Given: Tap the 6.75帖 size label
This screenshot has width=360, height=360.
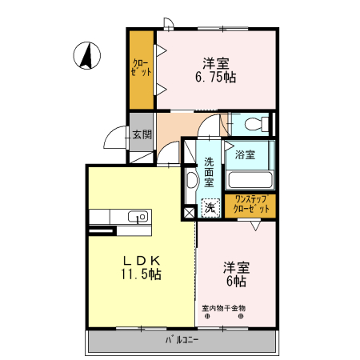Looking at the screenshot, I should pos(214,78).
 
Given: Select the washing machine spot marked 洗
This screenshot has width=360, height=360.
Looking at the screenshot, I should pos(210,207).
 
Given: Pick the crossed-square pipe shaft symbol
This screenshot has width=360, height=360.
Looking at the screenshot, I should pos(190,213).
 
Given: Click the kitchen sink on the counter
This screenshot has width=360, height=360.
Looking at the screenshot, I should pos(136,215).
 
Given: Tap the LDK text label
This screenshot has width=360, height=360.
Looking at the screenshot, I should pos(143,261).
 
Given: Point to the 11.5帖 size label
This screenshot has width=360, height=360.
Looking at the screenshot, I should pos(143,274).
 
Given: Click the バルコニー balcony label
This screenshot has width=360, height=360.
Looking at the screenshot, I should pos(182,340).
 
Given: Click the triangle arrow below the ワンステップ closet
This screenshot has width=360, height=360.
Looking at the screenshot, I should pos(254,226).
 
